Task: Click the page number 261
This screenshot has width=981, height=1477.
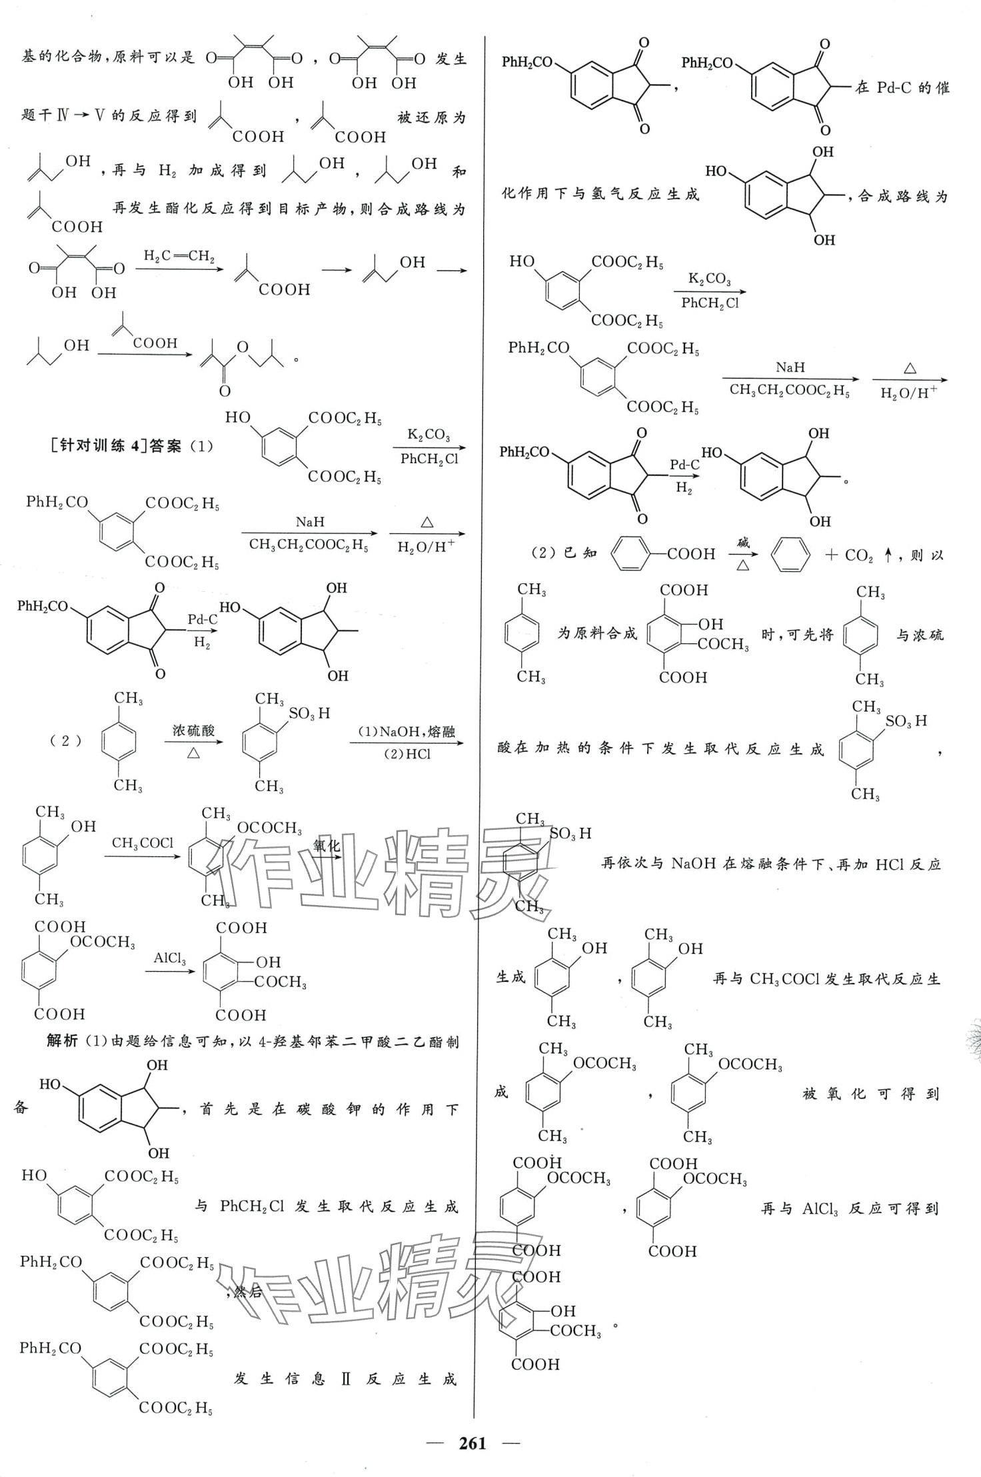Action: click(472, 1443)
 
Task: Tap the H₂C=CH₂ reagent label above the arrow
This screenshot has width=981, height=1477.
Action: click(179, 256)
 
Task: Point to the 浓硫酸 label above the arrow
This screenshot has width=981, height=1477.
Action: click(193, 730)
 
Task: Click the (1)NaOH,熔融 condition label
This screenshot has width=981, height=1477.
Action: click(406, 731)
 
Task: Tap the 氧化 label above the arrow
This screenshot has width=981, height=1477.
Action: click(327, 846)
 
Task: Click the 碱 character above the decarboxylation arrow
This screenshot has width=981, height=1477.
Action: click(742, 543)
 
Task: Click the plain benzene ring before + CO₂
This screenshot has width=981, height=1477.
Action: click(790, 555)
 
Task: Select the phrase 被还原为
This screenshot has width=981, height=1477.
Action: click(431, 118)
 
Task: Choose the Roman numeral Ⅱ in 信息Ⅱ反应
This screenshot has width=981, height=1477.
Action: click(345, 1379)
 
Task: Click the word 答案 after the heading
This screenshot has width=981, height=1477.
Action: click(165, 446)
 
